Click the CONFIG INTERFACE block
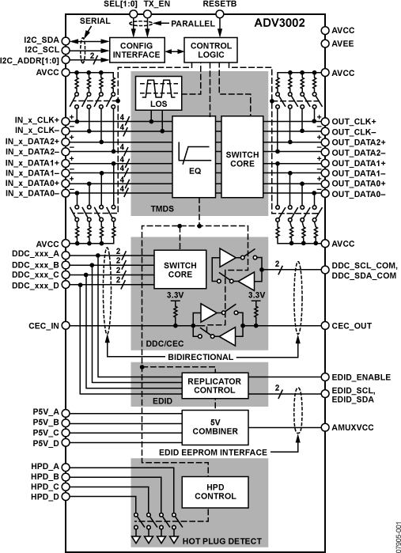tap(136, 49)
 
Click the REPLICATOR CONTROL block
tap(215, 385)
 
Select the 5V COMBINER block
tap(215, 427)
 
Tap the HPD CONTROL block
tap(209, 491)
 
